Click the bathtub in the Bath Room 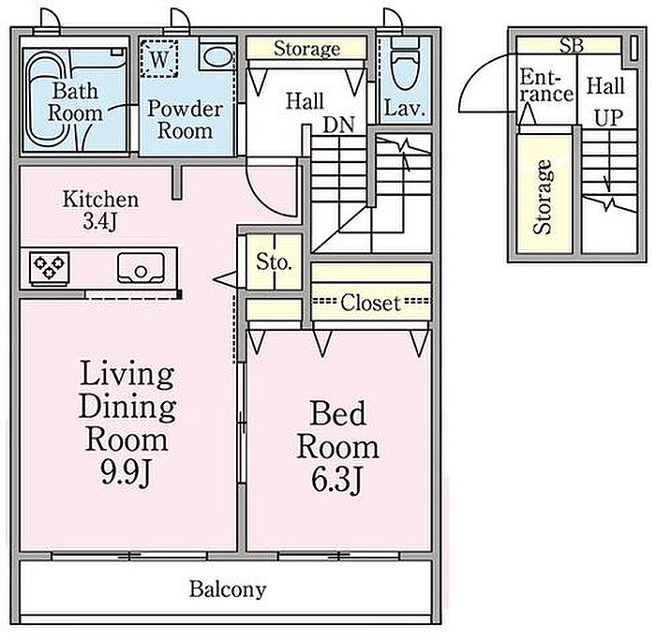point(46,100)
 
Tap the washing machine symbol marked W point(159,59)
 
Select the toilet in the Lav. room point(405,63)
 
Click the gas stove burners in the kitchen point(50,268)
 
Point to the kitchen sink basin point(141,268)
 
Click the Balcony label point(228,589)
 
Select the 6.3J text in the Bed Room point(335,480)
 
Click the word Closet point(370,302)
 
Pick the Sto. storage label point(274,261)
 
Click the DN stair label point(338,125)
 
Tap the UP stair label point(609,117)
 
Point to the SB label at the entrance point(572,45)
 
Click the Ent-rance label point(545,86)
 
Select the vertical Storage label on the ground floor point(543,197)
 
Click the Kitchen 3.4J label point(100,211)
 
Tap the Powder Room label point(186,119)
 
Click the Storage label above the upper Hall point(306,49)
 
